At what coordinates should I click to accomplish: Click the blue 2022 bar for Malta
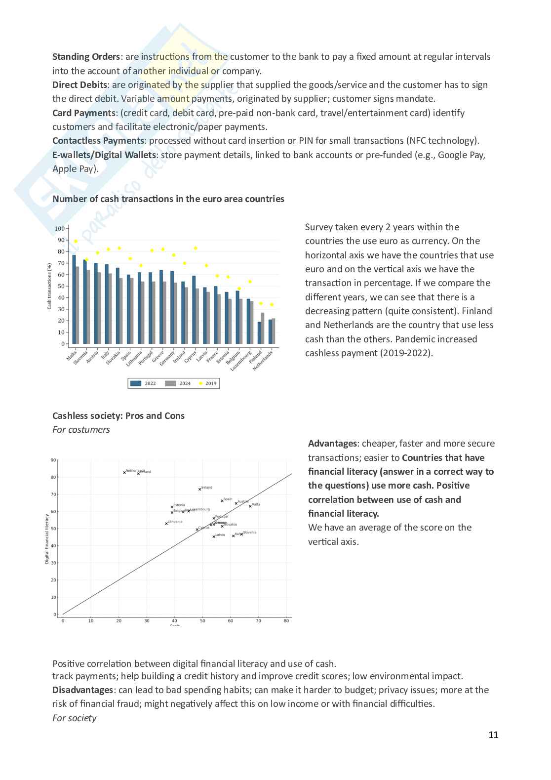click(74, 299)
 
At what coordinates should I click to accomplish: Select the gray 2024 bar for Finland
click(263, 328)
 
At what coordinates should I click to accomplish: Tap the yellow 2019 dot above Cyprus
click(196, 248)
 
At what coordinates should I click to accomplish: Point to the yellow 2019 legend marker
click(201, 383)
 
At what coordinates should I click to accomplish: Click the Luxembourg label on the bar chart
click(241, 361)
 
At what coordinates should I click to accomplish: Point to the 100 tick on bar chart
click(59, 228)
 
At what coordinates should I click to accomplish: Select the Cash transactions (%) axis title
click(49, 286)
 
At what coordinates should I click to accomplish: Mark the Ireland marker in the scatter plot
click(200, 489)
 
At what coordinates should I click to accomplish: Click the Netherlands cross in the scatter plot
click(124, 472)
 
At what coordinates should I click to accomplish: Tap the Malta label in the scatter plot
click(256, 504)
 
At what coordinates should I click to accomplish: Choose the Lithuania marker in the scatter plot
click(166, 524)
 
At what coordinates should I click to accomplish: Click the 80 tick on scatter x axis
click(286, 620)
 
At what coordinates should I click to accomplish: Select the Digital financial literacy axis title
click(47, 539)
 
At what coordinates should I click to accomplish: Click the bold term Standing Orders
click(86, 57)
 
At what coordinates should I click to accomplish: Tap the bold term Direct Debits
click(79, 85)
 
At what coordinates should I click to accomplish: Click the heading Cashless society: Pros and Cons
click(118, 416)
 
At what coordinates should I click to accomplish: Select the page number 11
click(493, 735)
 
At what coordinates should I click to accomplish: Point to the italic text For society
click(74, 718)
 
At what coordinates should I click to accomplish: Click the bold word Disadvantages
click(82, 690)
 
